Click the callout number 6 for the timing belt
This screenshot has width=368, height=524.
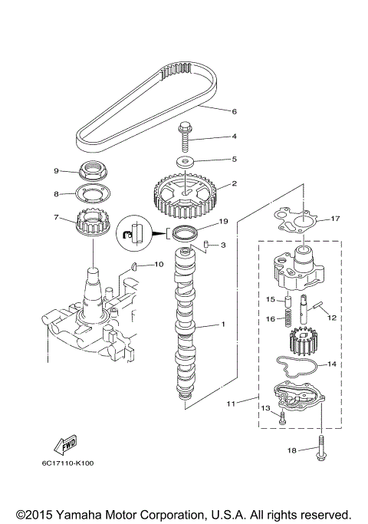coord(234,112)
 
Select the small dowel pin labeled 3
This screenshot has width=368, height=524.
coord(206,245)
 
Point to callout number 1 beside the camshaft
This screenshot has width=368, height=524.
coord(222,325)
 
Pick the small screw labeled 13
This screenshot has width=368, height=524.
coord(283,417)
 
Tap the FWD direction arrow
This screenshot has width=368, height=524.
coord(65,446)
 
